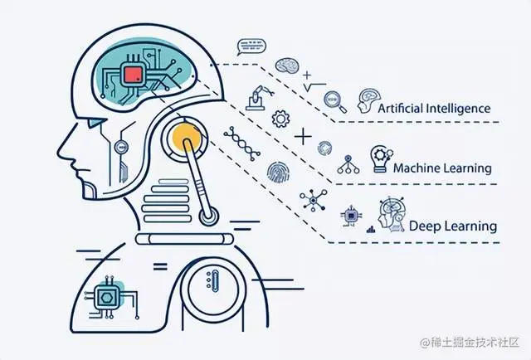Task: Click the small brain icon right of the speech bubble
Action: (x=287, y=65)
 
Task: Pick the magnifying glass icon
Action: (x=334, y=100)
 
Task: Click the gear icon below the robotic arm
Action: (x=280, y=119)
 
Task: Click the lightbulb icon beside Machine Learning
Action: (x=379, y=158)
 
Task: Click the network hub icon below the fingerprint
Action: (x=314, y=200)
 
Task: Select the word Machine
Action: (x=418, y=168)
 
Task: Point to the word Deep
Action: (x=425, y=225)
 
